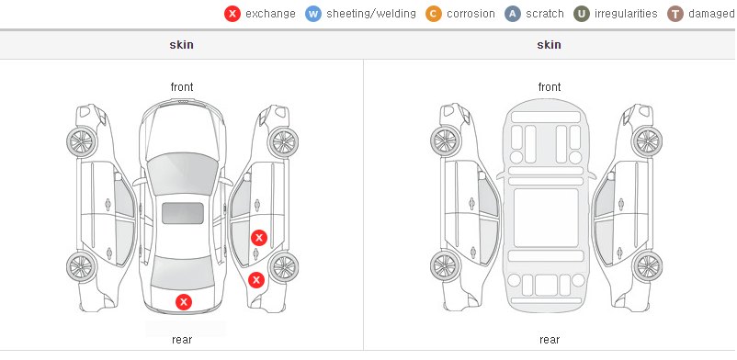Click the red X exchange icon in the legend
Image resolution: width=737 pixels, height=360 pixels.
pos(232,14)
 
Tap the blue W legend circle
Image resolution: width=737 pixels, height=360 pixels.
pos(313,14)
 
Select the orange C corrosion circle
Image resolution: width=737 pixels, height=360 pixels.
pos(434,14)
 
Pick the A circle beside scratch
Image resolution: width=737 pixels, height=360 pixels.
pos(513,14)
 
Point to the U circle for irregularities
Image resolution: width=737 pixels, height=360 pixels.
pos(582,14)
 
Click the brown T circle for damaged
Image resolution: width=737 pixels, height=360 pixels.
pos(675,14)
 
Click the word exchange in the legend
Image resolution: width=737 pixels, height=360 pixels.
pos(270,14)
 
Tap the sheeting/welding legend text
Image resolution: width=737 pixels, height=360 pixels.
pos(371,14)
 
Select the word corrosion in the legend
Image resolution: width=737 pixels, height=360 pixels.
pos(471,14)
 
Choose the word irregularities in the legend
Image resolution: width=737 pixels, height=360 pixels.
pos(626,14)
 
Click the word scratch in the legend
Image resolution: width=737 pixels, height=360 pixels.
pos(545,14)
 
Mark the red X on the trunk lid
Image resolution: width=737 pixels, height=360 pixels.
pos(184,302)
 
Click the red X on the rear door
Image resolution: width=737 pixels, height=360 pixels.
pos(259,238)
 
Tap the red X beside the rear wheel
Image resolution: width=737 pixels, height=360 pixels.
pos(256,281)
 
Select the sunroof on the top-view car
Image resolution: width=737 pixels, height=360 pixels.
pos(183,213)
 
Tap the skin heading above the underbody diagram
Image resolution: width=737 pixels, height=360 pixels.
pos(549,45)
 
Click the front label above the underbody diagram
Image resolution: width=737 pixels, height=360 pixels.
pos(550,87)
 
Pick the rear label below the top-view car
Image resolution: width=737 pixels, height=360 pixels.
pos(182,340)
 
